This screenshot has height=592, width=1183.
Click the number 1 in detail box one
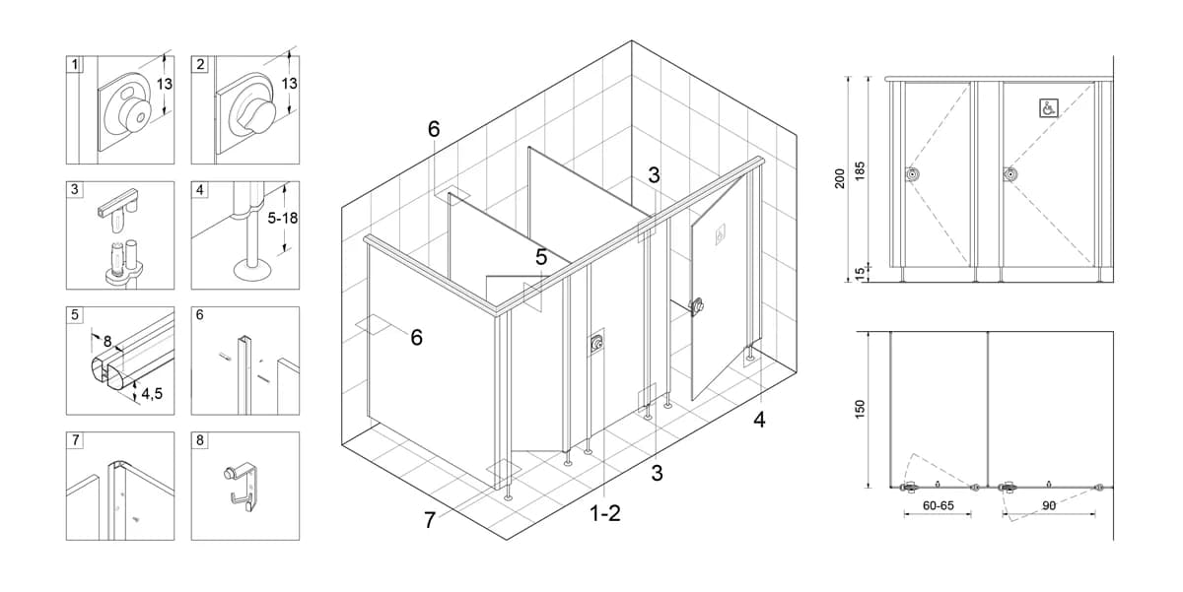point(75,64)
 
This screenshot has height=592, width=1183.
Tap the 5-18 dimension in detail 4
point(283,218)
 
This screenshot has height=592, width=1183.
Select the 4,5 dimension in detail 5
point(152,394)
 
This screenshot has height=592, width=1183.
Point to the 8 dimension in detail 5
point(107,342)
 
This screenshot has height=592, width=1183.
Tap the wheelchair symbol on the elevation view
point(1048,108)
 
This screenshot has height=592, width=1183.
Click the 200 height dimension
point(840,178)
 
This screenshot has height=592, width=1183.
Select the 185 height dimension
point(860,171)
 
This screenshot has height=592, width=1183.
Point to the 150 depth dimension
point(860,410)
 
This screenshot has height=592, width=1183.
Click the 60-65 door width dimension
point(939,505)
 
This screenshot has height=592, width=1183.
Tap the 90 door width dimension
point(1049,505)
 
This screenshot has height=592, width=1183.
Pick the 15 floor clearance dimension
point(860,273)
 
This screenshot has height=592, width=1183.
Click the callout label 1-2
point(604,513)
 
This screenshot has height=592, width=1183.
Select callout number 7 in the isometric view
point(430,520)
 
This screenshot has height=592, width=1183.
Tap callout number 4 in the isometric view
point(759,420)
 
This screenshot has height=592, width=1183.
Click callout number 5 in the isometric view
point(541,257)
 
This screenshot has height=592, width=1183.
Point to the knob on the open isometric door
point(697,306)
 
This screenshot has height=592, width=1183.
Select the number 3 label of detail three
point(75,189)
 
